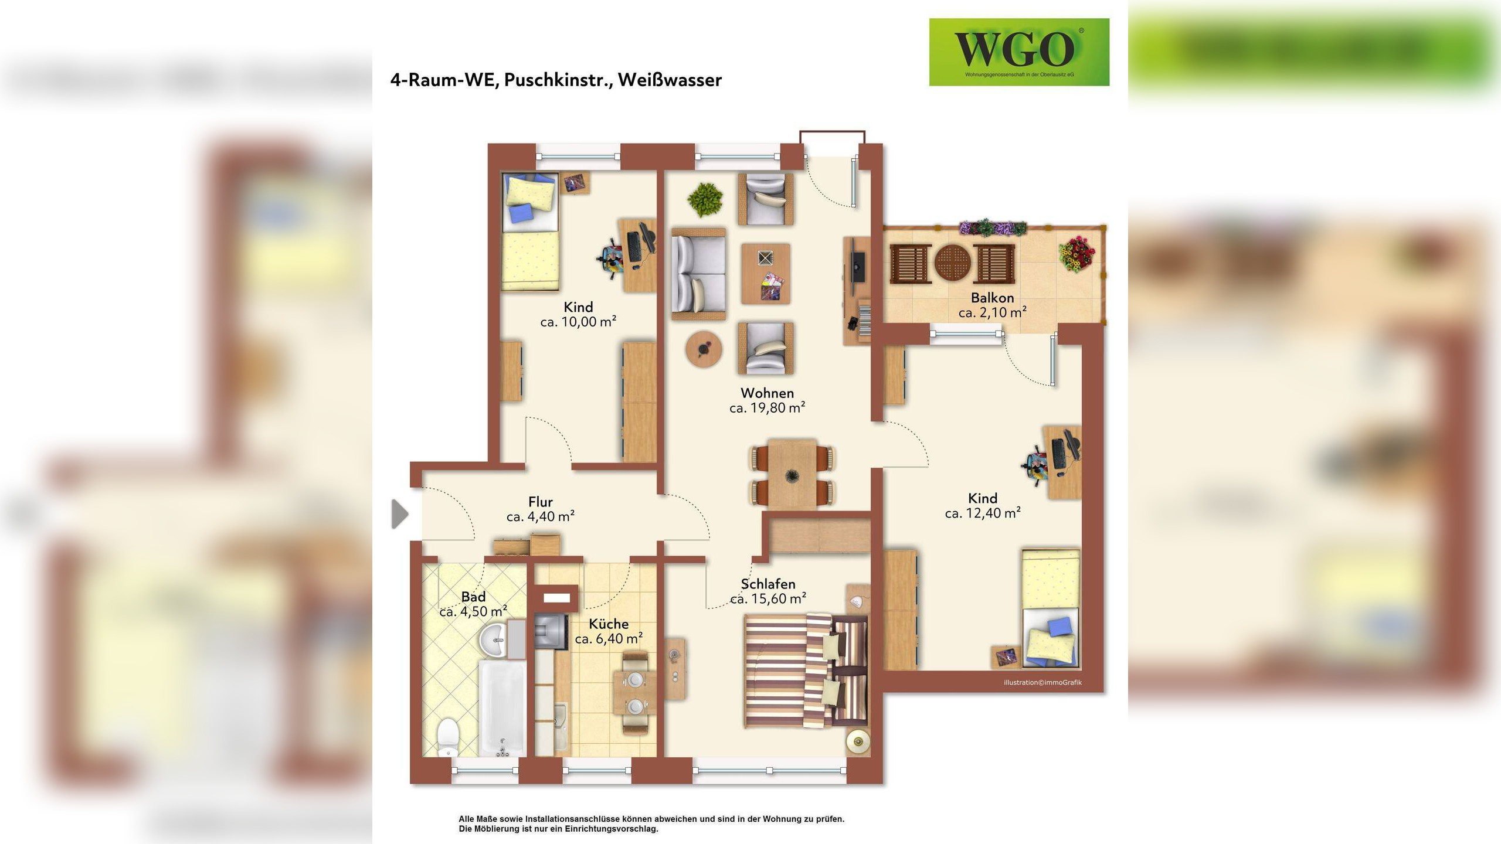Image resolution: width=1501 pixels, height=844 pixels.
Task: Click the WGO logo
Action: (1019, 52)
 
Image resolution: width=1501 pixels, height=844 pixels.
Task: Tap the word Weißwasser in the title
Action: (670, 80)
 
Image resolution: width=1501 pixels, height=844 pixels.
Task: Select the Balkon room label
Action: (992, 298)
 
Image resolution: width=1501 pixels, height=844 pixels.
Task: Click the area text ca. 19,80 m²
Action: (767, 407)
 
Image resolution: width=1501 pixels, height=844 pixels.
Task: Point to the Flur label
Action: (540, 502)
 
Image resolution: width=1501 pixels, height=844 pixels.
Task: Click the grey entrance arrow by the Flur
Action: (400, 514)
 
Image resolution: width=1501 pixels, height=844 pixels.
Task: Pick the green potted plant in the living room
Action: (705, 198)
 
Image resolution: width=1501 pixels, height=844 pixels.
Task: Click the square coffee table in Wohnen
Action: (765, 274)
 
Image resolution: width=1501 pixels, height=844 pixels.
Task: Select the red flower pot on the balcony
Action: (1076, 254)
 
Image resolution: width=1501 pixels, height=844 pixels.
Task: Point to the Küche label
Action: (609, 624)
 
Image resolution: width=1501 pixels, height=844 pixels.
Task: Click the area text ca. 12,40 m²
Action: (983, 513)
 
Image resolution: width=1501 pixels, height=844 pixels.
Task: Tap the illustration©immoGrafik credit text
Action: (1042, 682)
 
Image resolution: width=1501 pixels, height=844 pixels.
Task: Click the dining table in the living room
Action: (792, 474)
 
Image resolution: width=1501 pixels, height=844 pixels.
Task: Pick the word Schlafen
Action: (768, 584)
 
